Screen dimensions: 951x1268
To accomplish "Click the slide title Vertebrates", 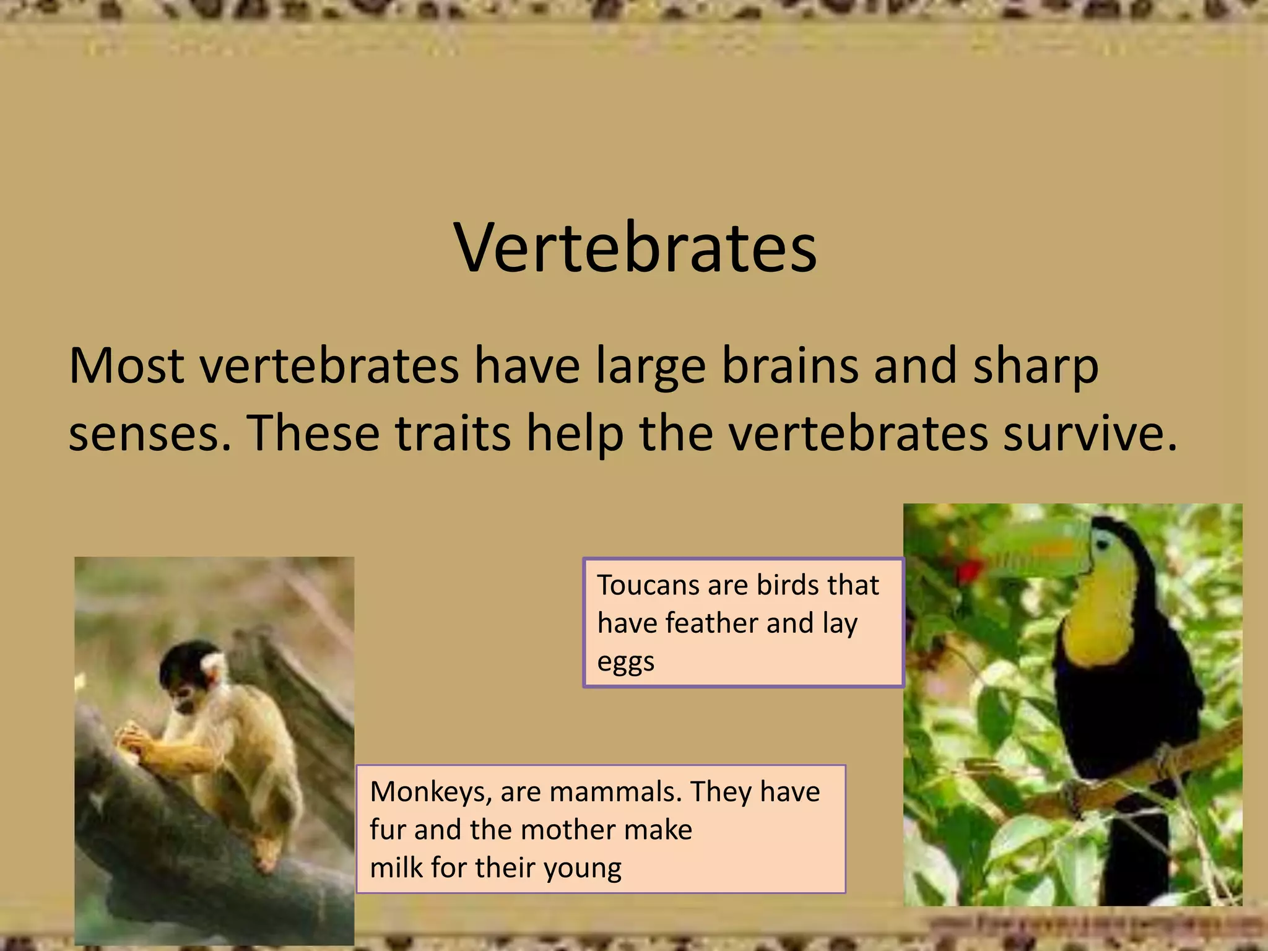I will click(635, 248).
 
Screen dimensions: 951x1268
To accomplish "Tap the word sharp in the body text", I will click(1035, 367).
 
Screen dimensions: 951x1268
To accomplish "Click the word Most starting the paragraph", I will click(126, 367).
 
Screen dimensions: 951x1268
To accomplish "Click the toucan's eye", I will click(1102, 544).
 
